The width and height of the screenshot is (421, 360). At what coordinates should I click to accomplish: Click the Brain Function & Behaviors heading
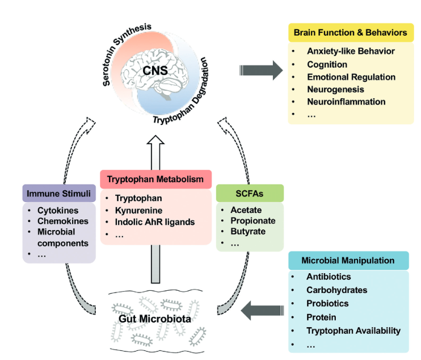pos(350,32)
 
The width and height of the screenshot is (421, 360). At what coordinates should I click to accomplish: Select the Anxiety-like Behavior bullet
pos(351,51)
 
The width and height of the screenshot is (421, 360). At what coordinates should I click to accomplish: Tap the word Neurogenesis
pos(335,89)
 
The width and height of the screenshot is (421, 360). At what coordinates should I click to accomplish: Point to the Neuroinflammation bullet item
pos(346,102)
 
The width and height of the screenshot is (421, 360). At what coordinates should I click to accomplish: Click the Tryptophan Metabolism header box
pos(156,179)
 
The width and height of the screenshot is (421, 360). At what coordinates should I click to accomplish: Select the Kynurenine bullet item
pos(138,211)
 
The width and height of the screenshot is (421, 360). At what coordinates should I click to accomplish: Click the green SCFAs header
pos(249,194)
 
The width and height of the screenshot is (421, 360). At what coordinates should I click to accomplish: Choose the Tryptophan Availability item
pos(353,330)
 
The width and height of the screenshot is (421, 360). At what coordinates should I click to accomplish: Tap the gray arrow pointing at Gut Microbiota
pos(262,310)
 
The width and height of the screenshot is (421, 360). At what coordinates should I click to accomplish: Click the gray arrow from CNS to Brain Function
pos(260,70)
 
